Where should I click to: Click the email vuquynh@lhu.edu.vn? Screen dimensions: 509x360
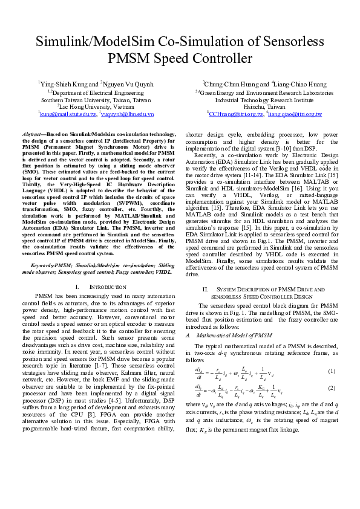pyautogui.click(x=128, y=113)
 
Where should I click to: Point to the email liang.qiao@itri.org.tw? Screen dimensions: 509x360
pyautogui.click(x=295, y=113)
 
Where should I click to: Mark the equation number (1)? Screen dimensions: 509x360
pyautogui.click(x=332, y=371)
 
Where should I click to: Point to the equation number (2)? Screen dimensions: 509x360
pyautogui.click(x=332, y=387)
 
